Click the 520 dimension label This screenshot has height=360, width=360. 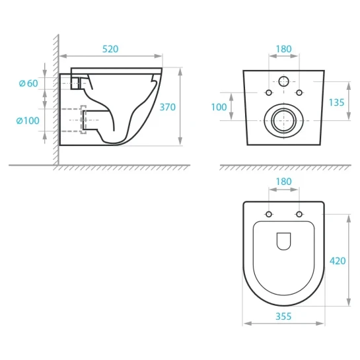click(110, 49)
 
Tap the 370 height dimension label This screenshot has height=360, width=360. click(167, 107)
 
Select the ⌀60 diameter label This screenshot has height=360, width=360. click(28, 83)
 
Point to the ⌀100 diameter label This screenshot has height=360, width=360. click(28, 120)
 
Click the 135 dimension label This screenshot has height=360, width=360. click(336, 102)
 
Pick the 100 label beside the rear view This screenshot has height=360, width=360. click(219, 107)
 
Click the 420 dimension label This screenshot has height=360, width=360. click(338, 261)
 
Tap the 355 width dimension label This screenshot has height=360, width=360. click(283, 316)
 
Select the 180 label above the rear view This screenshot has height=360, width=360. click(284, 49)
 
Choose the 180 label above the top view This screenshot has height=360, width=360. click(284, 182)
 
